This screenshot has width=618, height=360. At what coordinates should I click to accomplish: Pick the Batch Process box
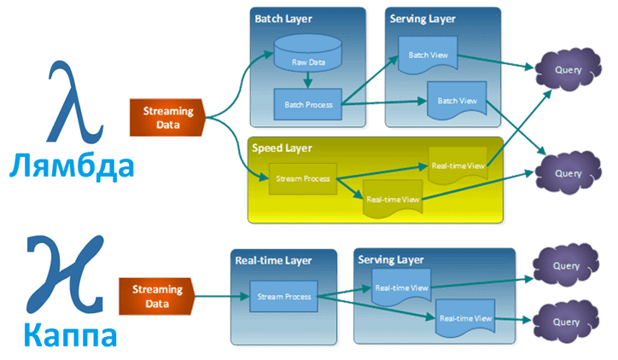pyautogui.click(x=306, y=104)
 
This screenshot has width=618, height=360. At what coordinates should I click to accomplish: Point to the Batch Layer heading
pyautogui.click(x=283, y=18)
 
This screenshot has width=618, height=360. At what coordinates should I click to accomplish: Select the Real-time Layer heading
pyautogui.click(x=272, y=260)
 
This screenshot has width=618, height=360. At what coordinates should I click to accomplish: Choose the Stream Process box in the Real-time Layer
pyautogui.click(x=283, y=296)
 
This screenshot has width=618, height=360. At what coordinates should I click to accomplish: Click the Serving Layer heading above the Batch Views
pyautogui.click(x=422, y=18)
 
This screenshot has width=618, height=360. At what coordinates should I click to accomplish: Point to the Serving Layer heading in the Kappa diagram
pyautogui.click(x=391, y=258)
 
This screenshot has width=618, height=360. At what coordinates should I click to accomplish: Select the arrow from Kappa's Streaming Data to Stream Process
pyautogui.click(x=217, y=296)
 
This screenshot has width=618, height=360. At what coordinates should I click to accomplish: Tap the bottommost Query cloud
pyautogui.click(x=563, y=322)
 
